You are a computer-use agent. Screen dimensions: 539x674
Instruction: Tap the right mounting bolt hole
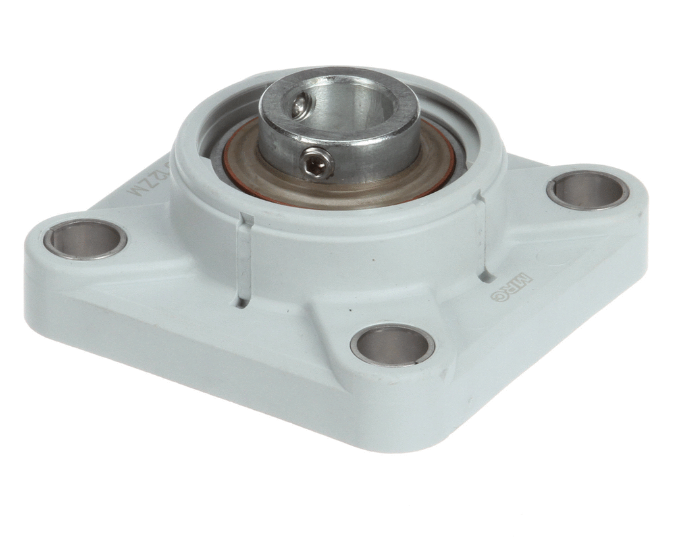[587, 191]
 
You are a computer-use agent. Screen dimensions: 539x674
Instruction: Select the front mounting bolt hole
[392, 344]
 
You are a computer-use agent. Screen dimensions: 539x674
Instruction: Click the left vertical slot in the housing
[243, 260]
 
